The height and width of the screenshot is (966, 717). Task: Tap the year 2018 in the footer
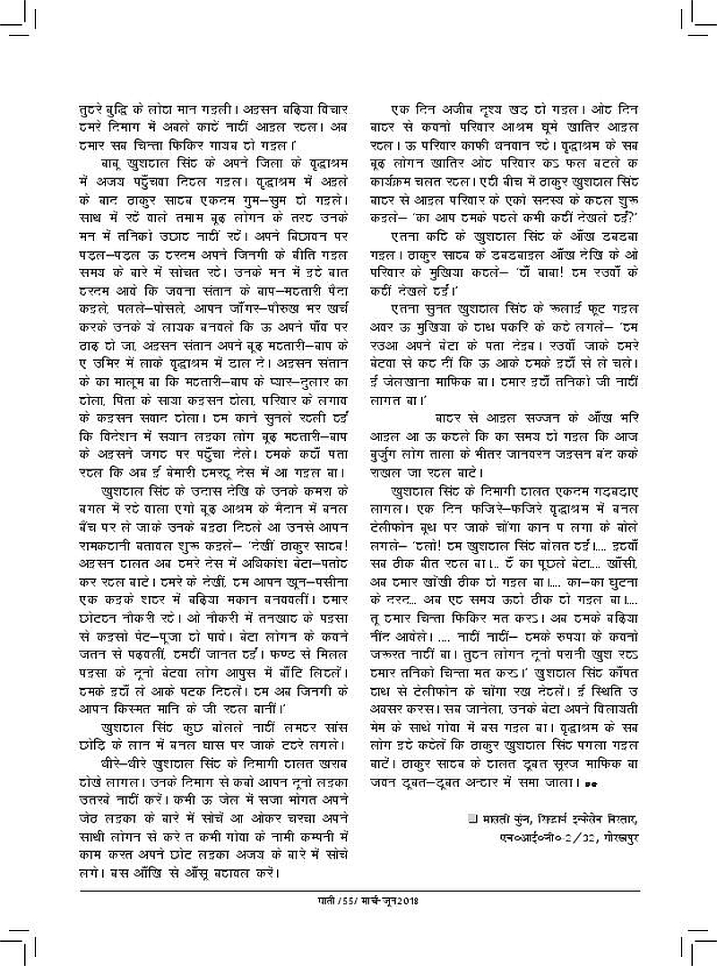tap(407, 901)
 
